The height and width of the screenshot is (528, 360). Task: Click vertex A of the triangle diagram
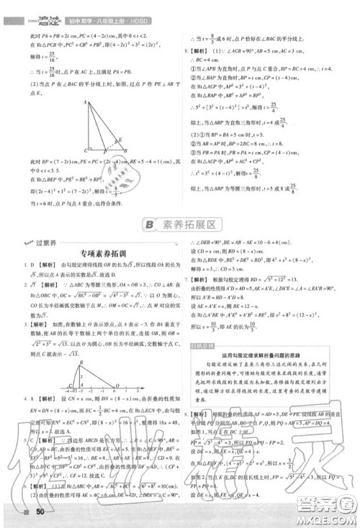[x=85, y=102]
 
